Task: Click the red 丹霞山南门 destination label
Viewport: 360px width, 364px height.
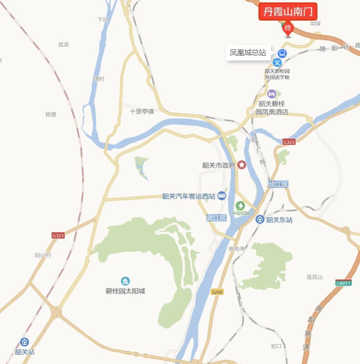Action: [288, 12]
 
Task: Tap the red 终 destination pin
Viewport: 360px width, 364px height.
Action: [288, 28]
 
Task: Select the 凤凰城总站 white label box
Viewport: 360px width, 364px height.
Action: [248, 53]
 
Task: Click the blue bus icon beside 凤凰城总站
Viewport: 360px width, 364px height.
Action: [282, 53]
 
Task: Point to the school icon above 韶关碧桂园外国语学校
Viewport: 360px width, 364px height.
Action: [278, 63]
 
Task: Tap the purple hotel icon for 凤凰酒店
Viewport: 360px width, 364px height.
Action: [271, 94]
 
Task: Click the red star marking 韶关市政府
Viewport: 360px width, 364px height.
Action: [241, 165]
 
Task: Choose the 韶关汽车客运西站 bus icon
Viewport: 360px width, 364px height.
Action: [222, 196]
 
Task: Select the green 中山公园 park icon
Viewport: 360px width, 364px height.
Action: [240, 205]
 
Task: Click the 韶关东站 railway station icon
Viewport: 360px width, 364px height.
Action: [260, 219]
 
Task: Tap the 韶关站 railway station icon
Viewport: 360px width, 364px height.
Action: [25, 342]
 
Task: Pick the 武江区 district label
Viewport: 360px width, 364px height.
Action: [217, 218]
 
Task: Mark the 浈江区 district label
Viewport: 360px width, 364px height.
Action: [278, 184]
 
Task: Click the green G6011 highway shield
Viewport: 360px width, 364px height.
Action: [343, 283]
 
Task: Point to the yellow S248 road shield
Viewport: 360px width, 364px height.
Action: [217, 292]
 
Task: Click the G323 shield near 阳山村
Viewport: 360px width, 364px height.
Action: [58, 236]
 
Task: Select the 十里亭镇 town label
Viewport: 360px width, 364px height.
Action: [142, 111]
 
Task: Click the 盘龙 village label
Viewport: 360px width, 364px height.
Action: [63, 44]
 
